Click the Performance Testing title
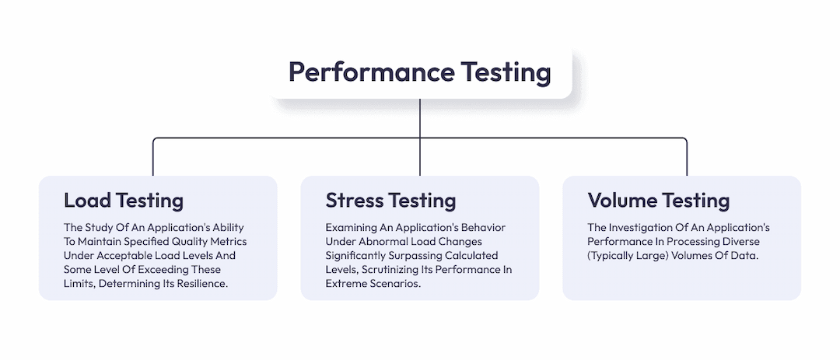click(x=419, y=72)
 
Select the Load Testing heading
click(x=124, y=201)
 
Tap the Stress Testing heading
click(x=390, y=201)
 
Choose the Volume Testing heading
click(x=659, y=201)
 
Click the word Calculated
click(x=472, y=255)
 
